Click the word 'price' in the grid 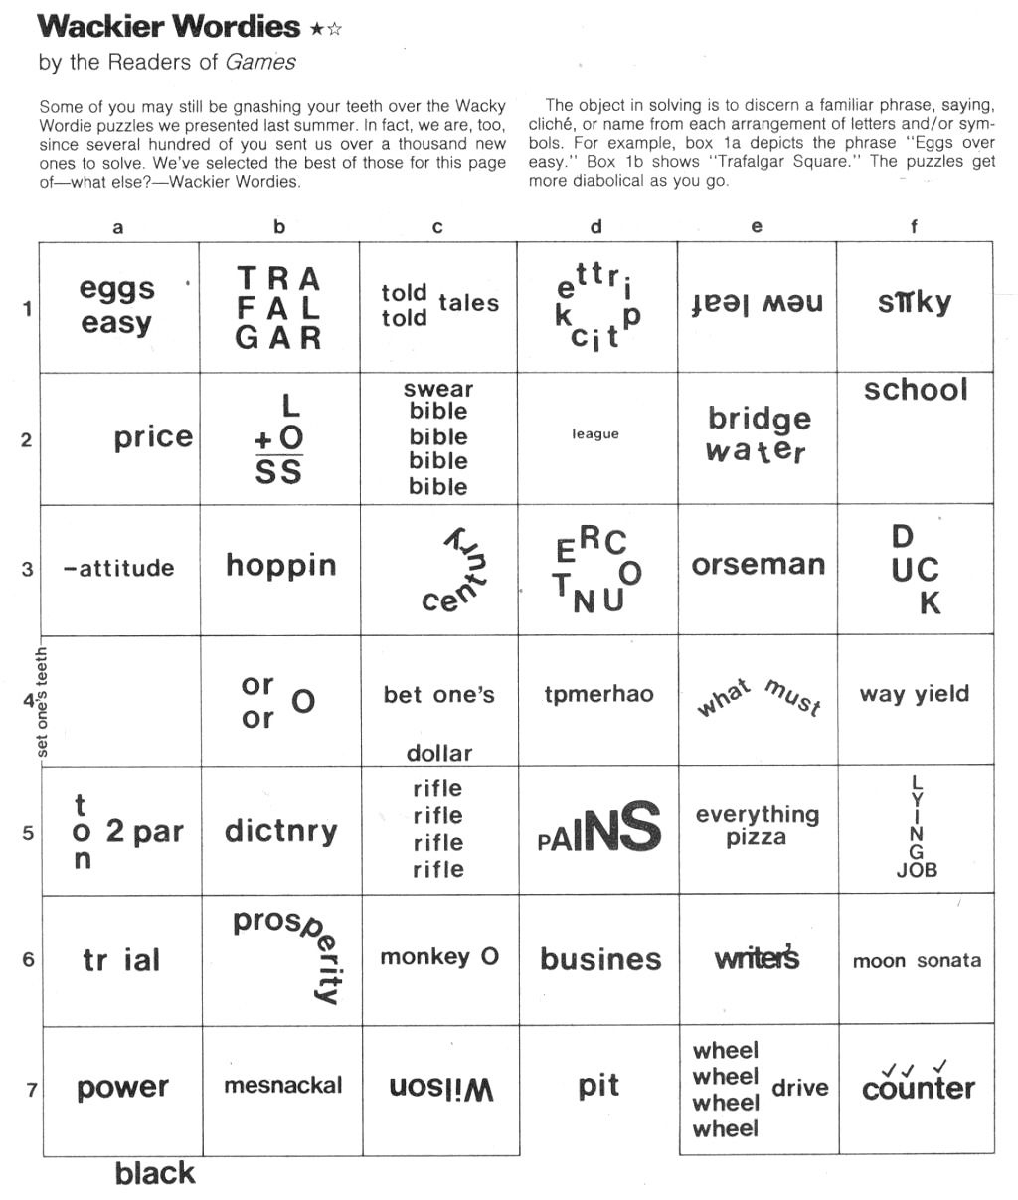(x=153, y=437)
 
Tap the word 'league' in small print (x=595, y=434)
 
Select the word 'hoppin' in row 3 (x=280, y=566)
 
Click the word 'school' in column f (x=915, y=390)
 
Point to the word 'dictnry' (x=280, y=831)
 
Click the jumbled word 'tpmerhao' (x=598, y=695)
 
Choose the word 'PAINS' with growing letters (x=599, y=828)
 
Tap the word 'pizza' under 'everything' (x=756, y=838)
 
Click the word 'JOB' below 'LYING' (x=917, y=870)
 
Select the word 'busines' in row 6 (x=599, y=959)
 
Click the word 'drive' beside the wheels (x=799, y=1088)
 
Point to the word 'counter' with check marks (x=918, y=1088)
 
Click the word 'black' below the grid (x=155, y=1174)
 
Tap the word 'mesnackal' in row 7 (x=282, y=1086)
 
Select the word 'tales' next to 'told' (x=468, y=304)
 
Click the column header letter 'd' (x=595, y=227)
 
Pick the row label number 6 (x=28, y=960)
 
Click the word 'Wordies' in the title (x=235, y=27)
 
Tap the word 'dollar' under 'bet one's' (x=438, y=754)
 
